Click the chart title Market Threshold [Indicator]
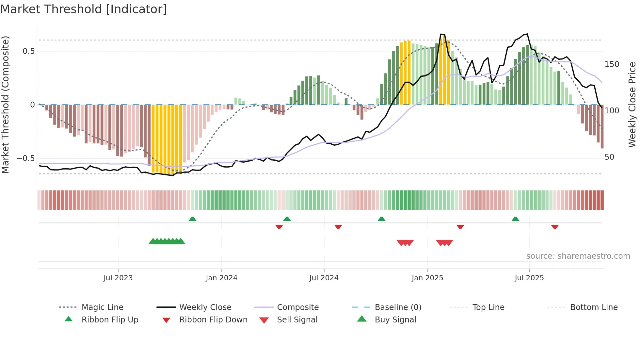(84, 9)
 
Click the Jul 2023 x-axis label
(118, 278)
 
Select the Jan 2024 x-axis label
(221, 278)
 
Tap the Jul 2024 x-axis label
(324, 278)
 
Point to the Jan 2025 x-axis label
(427, 278)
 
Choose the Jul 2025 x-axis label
(529, 278)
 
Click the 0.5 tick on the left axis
(28, 51)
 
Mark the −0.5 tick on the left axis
(25, 158)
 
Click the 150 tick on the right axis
(612, 64)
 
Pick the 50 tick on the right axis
(609, 157)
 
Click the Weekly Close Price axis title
(632, 105)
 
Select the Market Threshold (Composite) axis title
(5, 105)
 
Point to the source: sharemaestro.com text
(578, 256)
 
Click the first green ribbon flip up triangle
(192, 219)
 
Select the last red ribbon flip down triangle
(554, 227)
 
